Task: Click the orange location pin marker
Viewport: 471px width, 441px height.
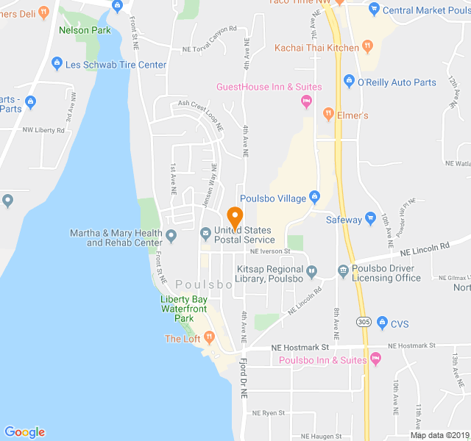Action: [235, 218]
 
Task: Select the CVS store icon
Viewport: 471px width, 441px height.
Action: [382, 322]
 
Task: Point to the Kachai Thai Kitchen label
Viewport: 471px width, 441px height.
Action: [317, 48]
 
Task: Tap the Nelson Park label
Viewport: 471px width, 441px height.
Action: [85, 30]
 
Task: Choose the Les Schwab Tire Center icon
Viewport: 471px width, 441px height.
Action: [57, 65]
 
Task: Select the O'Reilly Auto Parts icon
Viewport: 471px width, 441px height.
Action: [349, 82]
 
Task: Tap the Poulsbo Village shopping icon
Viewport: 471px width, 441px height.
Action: [314, 196]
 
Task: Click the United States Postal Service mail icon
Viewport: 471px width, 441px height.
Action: [205, 233]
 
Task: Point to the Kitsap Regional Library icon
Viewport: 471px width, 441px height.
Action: [312, 271]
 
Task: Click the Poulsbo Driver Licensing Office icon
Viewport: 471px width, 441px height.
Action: [343, 271]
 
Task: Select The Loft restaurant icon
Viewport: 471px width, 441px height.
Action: [210, 337]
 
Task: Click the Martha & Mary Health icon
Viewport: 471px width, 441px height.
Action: [171, 236]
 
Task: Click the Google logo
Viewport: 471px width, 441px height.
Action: [24, 432]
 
